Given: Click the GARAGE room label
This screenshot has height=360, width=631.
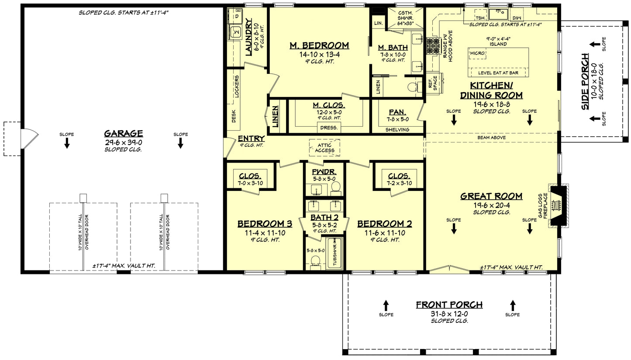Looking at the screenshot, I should coord(124,133).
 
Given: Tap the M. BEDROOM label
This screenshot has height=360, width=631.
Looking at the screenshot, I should coord(319,45).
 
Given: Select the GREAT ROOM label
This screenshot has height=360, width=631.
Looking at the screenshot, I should coord(491,196).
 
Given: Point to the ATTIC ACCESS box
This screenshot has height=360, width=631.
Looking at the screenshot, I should coord(324,148).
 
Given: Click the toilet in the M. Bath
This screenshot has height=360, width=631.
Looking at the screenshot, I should coord(413,87).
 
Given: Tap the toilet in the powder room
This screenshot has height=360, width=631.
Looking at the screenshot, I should coord(335,187).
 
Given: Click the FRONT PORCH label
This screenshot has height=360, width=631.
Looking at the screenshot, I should coord(449,305).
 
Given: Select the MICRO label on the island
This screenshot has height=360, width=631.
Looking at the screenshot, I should coord(477,53).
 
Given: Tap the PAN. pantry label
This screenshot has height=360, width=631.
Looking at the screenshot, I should coord(397,112).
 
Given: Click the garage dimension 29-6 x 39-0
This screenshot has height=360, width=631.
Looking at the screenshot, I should coord(124,142).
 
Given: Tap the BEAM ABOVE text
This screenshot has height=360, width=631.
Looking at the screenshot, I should coord(492,138).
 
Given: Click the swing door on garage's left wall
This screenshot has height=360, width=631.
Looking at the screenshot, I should coord(26,138).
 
